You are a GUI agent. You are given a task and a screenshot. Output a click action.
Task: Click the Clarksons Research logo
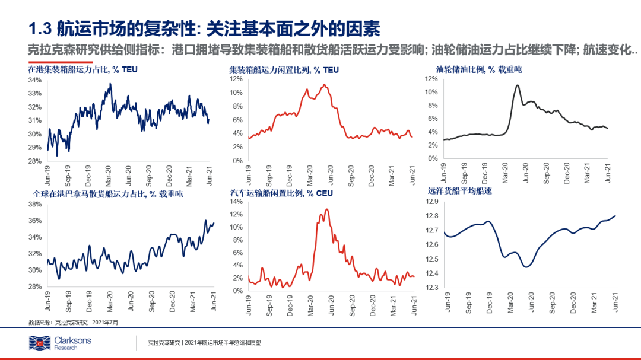53,343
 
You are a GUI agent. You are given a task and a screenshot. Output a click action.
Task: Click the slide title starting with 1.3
204,28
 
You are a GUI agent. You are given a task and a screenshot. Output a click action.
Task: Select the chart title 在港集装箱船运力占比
83,70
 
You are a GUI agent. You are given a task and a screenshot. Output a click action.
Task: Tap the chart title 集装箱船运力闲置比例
284,70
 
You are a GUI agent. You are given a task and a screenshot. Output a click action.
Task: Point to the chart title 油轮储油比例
474,70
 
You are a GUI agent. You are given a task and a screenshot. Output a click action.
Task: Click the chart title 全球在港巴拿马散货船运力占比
107,193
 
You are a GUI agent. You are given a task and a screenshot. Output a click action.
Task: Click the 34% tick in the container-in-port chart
34,80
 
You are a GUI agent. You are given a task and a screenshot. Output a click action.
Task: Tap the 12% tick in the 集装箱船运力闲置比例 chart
236,78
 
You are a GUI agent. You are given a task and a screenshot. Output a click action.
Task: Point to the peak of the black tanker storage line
518,85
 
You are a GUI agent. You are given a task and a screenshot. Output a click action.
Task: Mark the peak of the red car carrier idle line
326,209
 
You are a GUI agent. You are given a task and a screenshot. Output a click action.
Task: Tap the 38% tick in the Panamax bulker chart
34,204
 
